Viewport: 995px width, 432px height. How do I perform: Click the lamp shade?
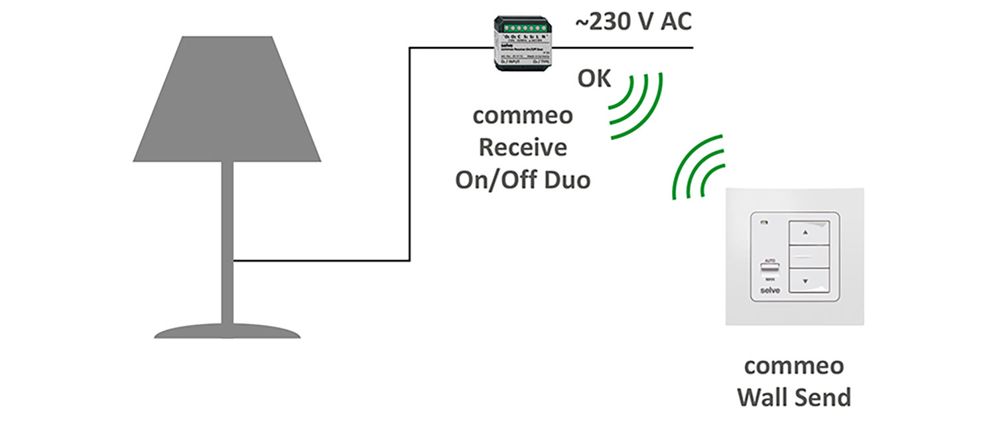(227, 100)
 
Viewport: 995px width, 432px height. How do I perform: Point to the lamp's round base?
(227, 332)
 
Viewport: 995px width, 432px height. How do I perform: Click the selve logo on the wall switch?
(766, 291)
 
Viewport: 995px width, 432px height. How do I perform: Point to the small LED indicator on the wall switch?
(764, 224)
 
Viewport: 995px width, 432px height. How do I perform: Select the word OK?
(594, 80)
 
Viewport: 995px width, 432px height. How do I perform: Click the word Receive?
(523, 147)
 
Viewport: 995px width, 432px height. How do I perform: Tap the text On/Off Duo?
(523, 179)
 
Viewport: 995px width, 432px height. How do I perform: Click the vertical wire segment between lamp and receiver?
(410, 153)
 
